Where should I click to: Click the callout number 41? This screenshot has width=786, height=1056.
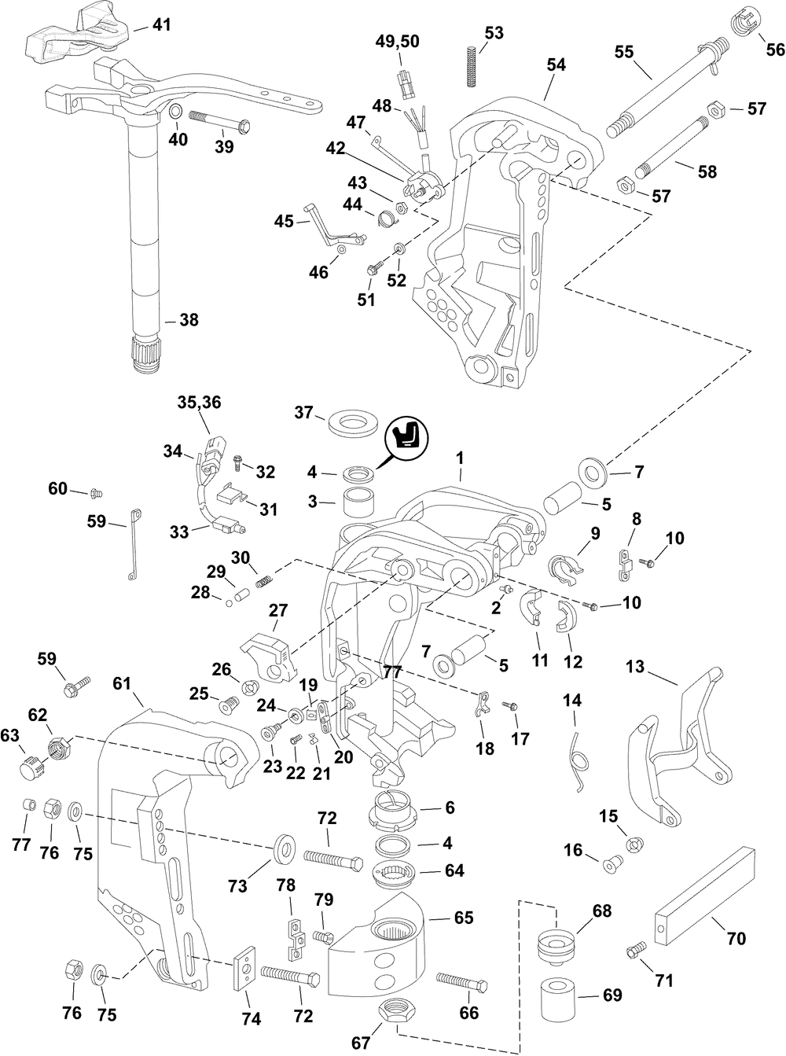point(160,25)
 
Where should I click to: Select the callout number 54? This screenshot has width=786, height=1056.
point(556,66)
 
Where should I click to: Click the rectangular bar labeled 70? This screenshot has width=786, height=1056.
point(704,894)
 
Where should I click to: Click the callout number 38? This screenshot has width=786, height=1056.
point(189,320)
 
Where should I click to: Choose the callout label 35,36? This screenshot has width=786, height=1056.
point(200,403)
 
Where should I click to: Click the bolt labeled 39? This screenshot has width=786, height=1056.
point(218,123)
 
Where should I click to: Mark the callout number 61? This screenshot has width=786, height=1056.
point(120,684)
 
